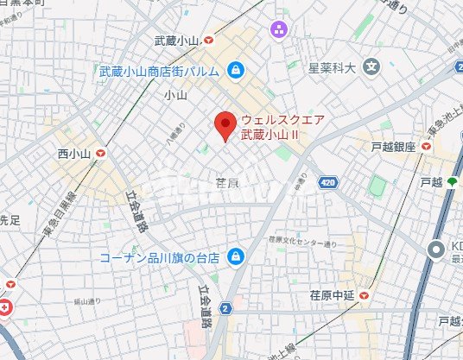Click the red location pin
225,126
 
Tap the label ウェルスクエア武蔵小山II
282,128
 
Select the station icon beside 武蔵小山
210,41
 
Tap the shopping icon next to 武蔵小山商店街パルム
236,71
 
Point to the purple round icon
279,32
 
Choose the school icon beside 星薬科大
371,66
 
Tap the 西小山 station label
74,153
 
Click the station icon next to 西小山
103,153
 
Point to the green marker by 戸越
450,182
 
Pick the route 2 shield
226,307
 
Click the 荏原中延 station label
333,295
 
